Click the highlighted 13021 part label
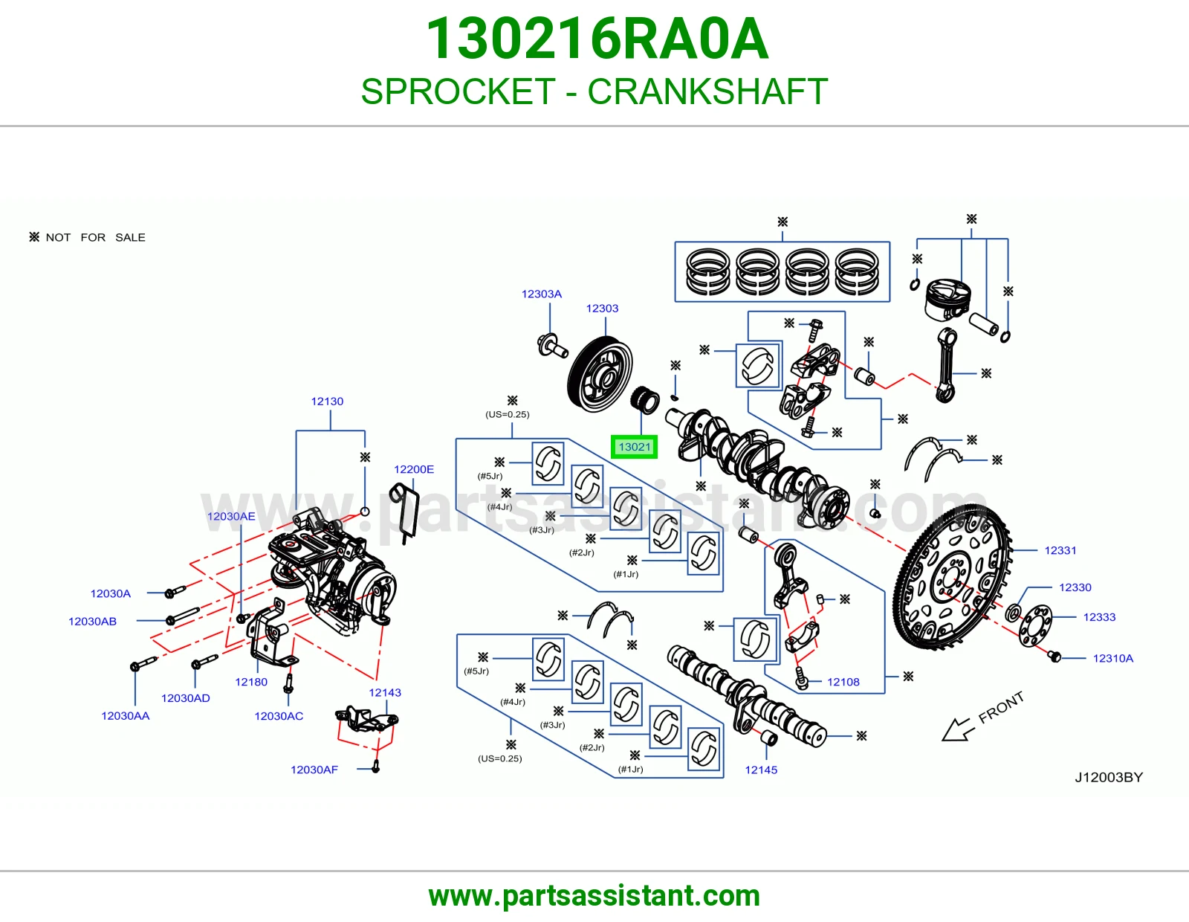point(634,447)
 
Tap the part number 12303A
point(541,294)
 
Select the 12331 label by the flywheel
point(1060,550)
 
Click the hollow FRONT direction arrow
point(958,730)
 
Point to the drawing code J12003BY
point(1109,778)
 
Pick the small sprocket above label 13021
point(645,400)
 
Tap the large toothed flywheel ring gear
point(953,576)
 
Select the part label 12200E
point(414,469)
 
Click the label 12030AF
point(314,770)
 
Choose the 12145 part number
point(760,770)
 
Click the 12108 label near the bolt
point(843,682)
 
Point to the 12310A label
point(1113,658)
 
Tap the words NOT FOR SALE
point(95,238)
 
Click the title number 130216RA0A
point(597,39)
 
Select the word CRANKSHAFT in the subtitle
point(707,91)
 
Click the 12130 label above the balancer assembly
point(327,402)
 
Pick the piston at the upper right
point(947,300)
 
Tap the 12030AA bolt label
point(126,715)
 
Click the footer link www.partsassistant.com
point(594,896)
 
